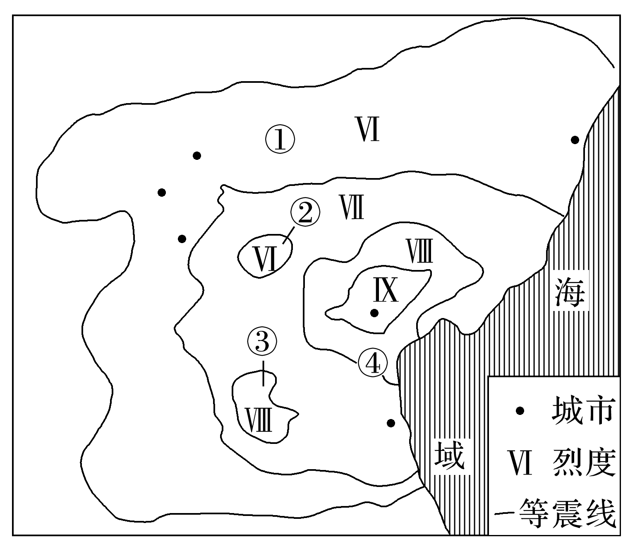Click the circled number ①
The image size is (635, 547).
(x=280, y=140)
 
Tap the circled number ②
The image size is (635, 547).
(x=305, y=213)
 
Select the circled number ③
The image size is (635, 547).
(x=261, y=342)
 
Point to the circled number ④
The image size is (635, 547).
(x=373, y=363)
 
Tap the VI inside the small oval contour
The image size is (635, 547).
(x=265, y=260)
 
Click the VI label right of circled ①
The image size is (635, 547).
(x=368, y=129)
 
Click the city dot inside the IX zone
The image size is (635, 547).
(x=374, y=313)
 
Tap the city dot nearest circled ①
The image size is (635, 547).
(x=197, y=156)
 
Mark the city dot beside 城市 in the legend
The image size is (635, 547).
(x=520, y=411)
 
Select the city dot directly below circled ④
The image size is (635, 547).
(x=391, y=423)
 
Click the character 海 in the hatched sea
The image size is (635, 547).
(x=570, y=292)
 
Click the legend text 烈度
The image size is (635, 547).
(x=582, y=463)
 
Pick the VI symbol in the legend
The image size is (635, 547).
(x=520, y=463)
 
